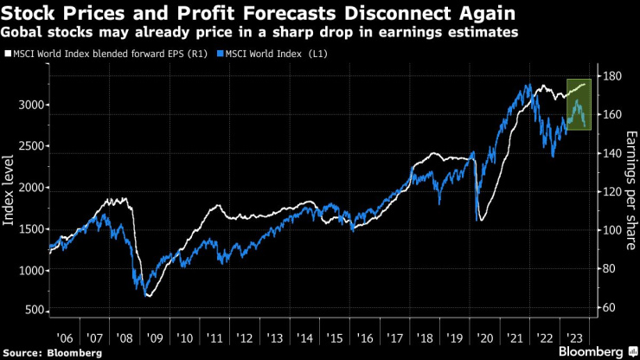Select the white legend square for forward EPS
(7, 55)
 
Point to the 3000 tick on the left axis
(29, 105)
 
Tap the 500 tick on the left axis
(33, 310)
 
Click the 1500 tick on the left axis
(29, 228)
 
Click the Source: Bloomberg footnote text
(52, 352)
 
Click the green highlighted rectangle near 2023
(578, 104)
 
